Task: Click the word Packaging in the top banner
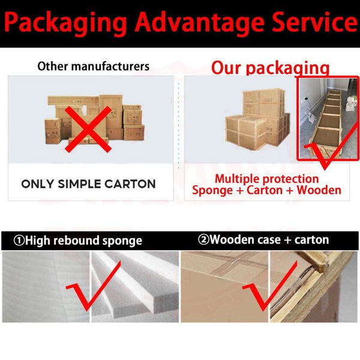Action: click(x=65, y=23)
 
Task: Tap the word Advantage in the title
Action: click(x=200, y=23)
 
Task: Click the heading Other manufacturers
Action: click(x=93, y=67)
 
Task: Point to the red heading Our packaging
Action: click(x=270, y=68)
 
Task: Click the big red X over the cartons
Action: click(x=88, y=129)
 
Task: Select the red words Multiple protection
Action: click(x=266, y=179)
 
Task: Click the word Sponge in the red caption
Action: click(x=212, y=191)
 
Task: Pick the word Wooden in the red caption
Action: click(x=319, y=190)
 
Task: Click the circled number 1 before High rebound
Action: click(x=19, y=241)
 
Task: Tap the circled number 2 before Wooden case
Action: click(x=203, y=239)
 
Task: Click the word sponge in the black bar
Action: click(x=122, y=241)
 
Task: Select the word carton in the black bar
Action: click(x=311, y=240)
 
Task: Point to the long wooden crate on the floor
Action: click(x=326, y=124)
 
